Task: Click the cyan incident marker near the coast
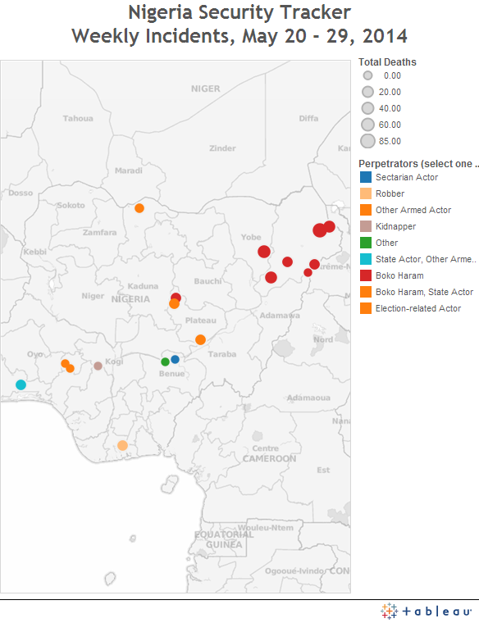21,384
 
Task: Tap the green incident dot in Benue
165,362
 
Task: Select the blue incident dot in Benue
175,359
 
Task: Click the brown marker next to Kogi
98,366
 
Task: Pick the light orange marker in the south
122,445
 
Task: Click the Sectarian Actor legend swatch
366,177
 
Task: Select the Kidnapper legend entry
395,226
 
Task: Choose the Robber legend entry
390,193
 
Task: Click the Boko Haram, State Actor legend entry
423,292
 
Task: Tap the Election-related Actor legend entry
417,308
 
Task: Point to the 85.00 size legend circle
368,141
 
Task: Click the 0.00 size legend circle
368,75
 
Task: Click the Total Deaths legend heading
387,62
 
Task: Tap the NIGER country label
205,89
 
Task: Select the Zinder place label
222,148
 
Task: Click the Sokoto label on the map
71,205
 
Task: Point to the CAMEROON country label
269,459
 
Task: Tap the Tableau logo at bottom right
427,611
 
